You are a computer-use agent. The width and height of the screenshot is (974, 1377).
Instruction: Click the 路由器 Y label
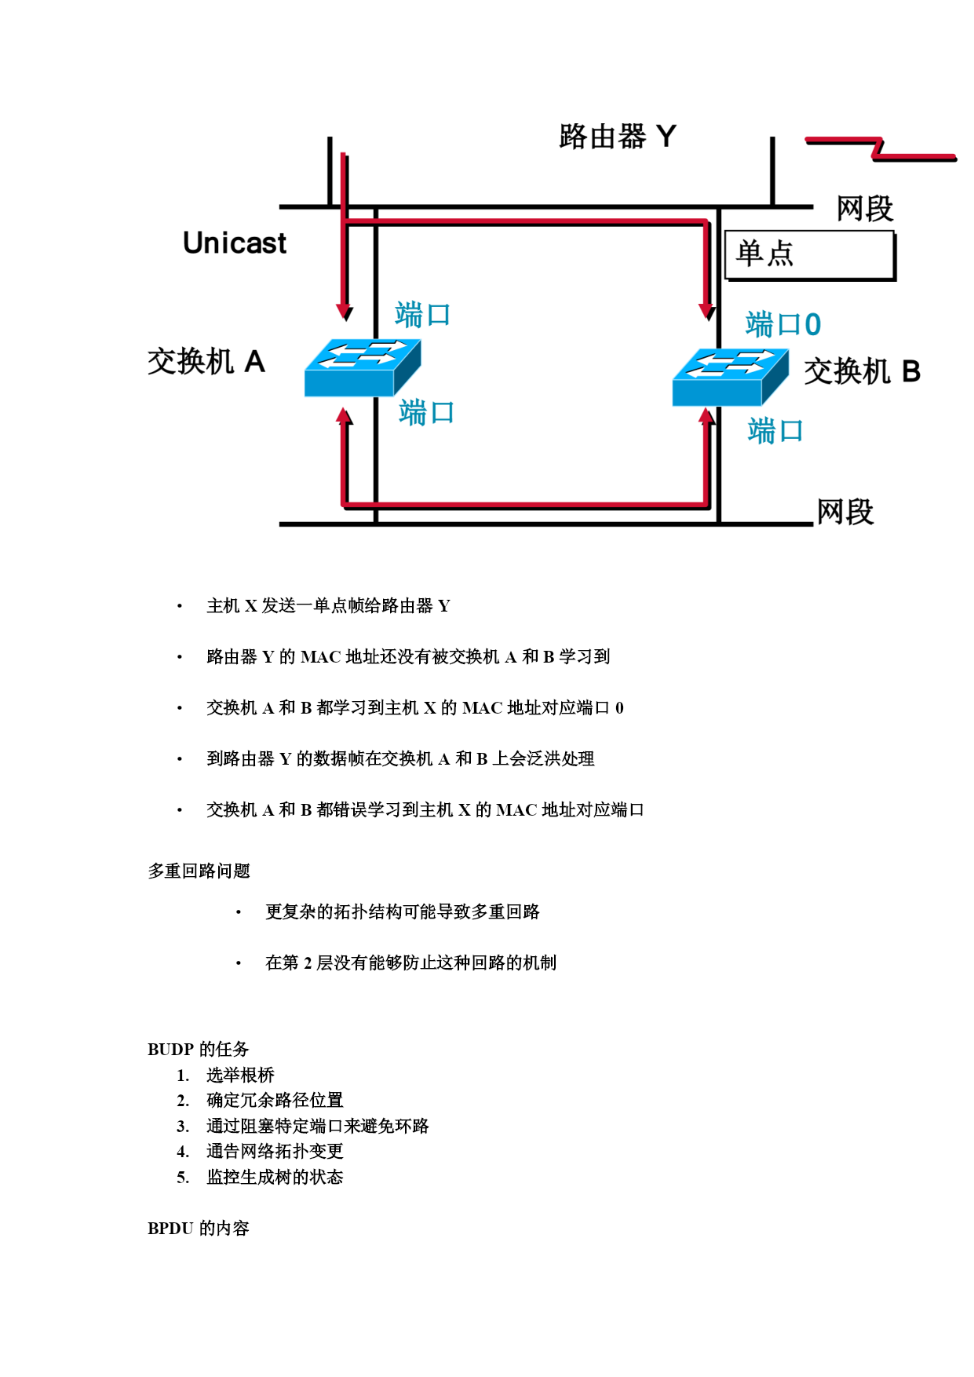tap(617, 137)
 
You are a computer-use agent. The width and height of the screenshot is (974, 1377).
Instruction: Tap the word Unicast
tap(234, 243)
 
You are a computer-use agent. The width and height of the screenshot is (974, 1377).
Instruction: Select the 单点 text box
tap(809, 254)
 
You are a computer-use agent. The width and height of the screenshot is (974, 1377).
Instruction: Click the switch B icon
tap(730, 377)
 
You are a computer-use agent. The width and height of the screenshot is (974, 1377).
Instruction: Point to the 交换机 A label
tap(206, 362)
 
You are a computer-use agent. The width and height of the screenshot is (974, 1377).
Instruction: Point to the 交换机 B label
tap(862, 371)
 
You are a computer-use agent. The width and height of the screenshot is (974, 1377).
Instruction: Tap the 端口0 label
tap(782, 324)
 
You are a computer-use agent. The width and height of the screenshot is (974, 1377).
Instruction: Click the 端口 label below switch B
tap(775, 431)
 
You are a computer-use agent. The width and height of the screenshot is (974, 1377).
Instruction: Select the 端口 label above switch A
tap(422, 315)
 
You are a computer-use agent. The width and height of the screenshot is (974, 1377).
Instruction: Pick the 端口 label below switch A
tap(426, 412)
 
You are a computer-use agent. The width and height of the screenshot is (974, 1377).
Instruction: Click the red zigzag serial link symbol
tap(880, 148)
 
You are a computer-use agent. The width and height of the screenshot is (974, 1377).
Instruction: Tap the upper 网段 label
tap(864, 209)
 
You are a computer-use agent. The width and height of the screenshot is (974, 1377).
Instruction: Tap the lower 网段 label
tap(844, 512)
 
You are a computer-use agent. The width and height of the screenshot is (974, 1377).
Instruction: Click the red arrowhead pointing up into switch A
tap(344, 417)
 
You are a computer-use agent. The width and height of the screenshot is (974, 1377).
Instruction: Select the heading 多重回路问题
tap(199, 871)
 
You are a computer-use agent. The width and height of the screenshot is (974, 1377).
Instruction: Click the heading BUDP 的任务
tap(198, 1049)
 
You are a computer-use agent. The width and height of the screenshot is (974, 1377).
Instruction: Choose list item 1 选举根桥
tap(240, 1075)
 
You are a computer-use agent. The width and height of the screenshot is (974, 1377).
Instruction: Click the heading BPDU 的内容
tap(198, 1228)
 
